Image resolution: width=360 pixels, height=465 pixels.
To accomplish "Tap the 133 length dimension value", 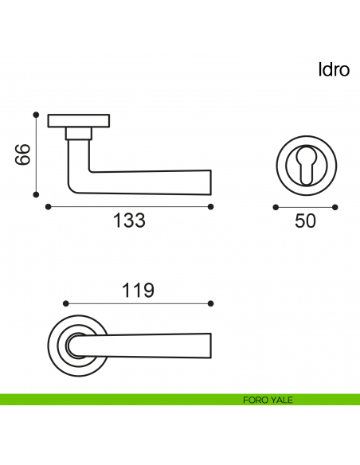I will (129, 221).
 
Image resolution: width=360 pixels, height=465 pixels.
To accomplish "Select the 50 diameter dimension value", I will (305, 221).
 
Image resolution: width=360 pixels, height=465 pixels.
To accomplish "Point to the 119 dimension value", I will (138, 291).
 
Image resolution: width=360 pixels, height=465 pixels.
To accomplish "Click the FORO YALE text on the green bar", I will (268, 400).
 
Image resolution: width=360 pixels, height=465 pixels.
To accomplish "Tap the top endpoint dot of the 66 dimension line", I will (36, 114).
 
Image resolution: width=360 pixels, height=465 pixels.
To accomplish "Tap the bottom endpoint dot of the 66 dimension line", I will (36, 193).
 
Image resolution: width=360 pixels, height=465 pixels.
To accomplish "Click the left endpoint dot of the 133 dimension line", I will (49, 206).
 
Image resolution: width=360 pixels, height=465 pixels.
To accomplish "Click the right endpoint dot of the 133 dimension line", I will (211, 206).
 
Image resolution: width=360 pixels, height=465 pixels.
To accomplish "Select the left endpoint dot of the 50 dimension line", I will (276, 207).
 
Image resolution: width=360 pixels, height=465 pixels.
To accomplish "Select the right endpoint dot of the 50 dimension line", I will (335, 207).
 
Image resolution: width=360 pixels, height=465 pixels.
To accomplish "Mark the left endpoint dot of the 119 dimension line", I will (65, 303).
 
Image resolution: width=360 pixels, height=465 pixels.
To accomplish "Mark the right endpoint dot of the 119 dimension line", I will (211, 303).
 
